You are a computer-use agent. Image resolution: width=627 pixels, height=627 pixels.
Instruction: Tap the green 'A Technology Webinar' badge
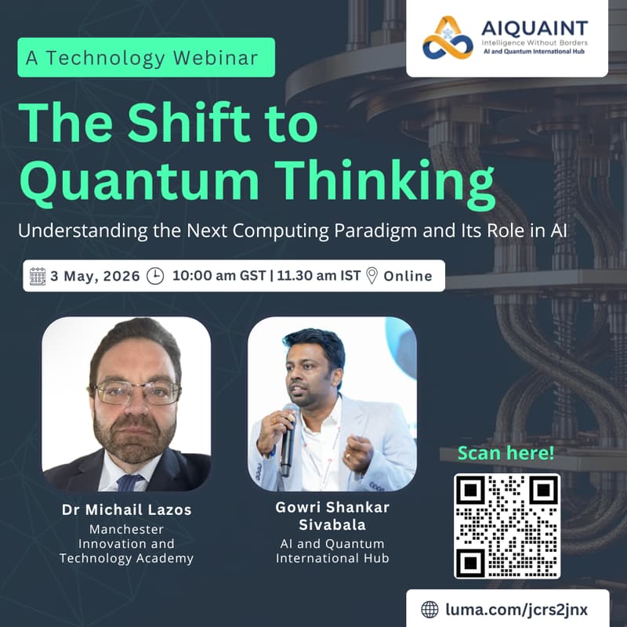(x=147, y=57)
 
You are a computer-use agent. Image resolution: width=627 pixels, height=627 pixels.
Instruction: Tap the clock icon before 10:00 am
(x=156, y=276)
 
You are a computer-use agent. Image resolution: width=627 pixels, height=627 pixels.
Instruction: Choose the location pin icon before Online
(x=371, y=276)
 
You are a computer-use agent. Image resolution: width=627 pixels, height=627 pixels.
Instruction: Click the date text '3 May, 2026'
(x=95, y=276)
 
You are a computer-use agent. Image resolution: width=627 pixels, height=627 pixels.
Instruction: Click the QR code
(x=507, y=526)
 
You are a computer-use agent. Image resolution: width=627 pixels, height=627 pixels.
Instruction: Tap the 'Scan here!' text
(x=506, y=452)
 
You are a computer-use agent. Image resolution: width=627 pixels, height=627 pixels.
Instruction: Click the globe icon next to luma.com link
(x=429, y=609)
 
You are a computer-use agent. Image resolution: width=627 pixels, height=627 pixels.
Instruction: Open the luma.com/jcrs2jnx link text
(x=516, y=609)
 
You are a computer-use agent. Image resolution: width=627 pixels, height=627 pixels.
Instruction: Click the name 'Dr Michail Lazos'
(x=126, y=510)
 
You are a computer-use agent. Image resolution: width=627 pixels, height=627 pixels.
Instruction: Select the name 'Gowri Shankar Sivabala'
(x=332, y=516)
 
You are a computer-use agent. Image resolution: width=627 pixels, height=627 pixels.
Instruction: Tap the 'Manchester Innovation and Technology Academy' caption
(x=126, y=544)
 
